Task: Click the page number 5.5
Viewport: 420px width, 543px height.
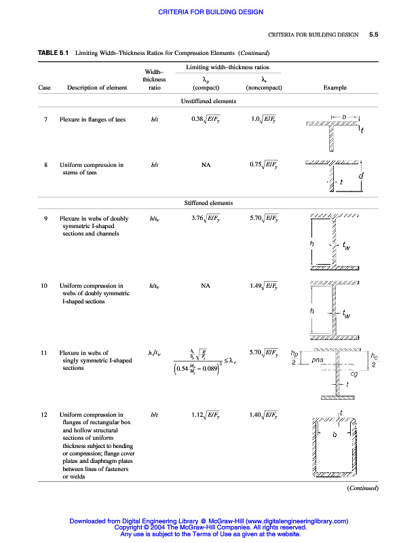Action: [374, 34]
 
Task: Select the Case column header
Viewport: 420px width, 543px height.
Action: [44, 88]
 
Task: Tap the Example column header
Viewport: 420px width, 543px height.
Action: [335, 88]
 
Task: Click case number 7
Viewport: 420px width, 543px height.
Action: [44, 119]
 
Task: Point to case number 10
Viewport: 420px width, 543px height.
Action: [44, 286]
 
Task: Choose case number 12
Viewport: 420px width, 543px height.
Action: [44, 414]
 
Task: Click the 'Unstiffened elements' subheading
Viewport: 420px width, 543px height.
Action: [208, 101]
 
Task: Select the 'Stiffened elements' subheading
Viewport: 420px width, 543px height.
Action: [208, 203]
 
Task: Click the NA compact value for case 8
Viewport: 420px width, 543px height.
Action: [206, 164]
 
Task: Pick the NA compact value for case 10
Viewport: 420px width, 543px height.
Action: [206, 286]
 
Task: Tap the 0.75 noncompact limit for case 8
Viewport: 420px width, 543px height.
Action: [263, 164]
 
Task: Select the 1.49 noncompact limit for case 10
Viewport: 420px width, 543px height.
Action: [263, 286]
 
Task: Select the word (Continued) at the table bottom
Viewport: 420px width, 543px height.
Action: [362, 488]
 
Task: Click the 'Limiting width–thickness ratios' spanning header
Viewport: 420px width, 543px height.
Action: [227, 68]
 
